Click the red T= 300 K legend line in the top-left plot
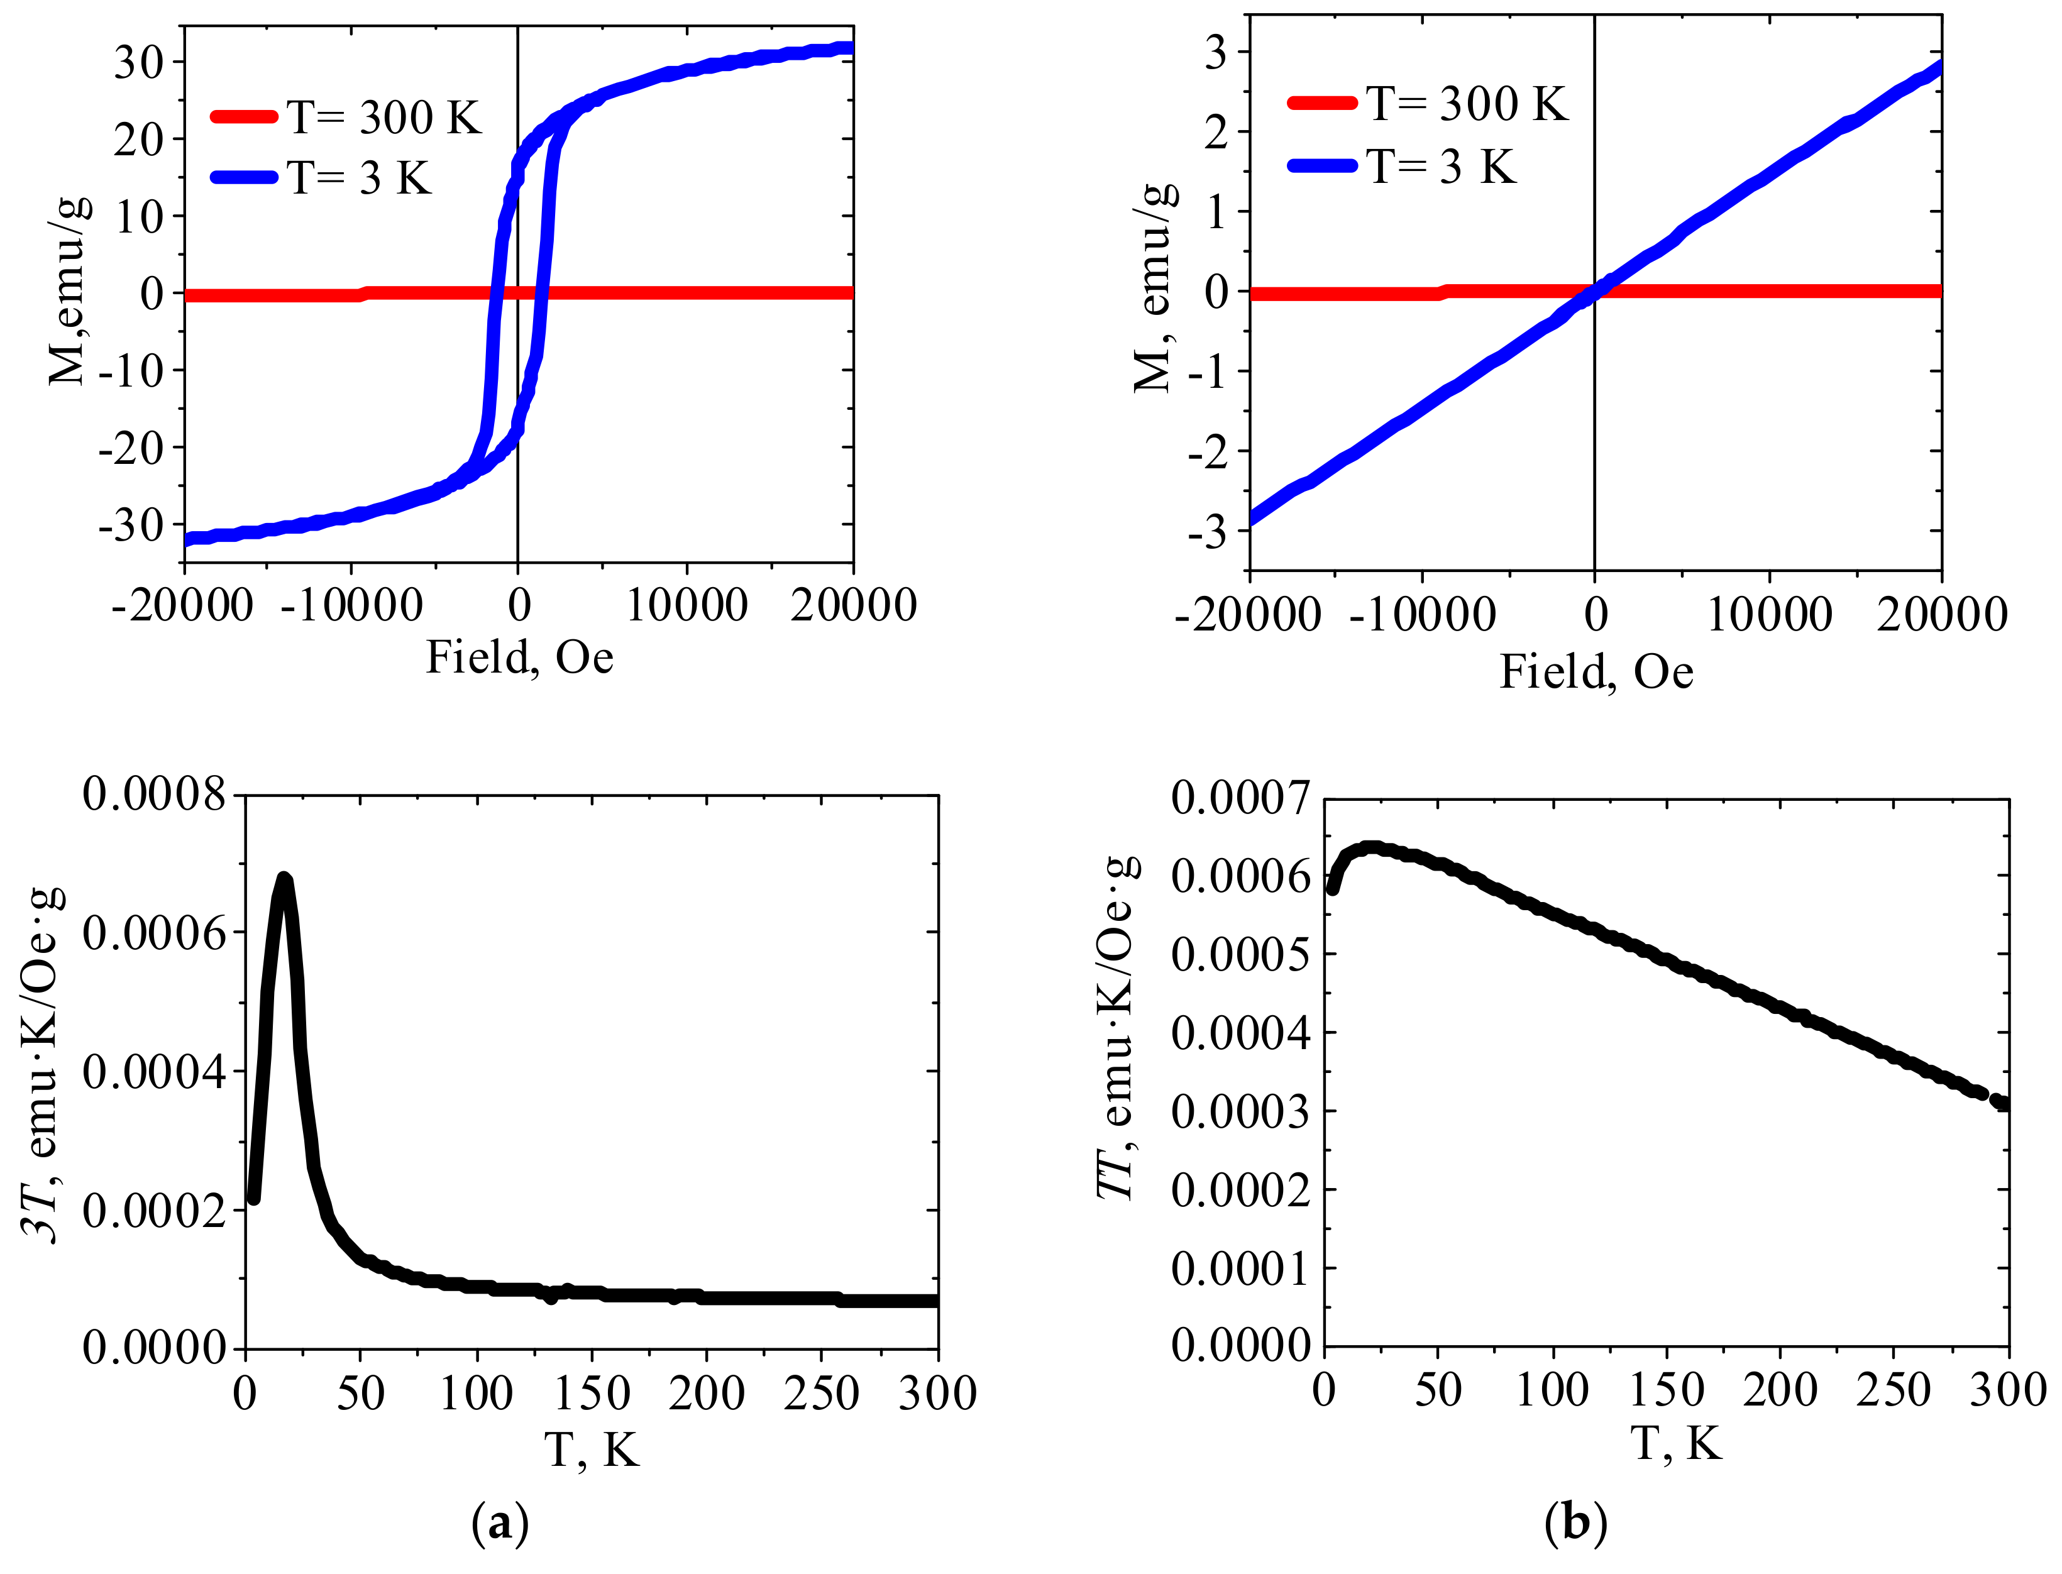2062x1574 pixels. [x=243, y=116]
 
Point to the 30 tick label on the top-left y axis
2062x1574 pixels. [x=139, y=63]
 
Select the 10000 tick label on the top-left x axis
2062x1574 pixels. [x=686, y=605]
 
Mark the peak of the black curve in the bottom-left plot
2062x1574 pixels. [x=284, y=878]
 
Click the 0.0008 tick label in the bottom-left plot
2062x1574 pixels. [x=155, y=795]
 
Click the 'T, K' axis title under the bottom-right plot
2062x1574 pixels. [x=1676, y=1444]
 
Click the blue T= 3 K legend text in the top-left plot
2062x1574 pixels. [x=360, y=178]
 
